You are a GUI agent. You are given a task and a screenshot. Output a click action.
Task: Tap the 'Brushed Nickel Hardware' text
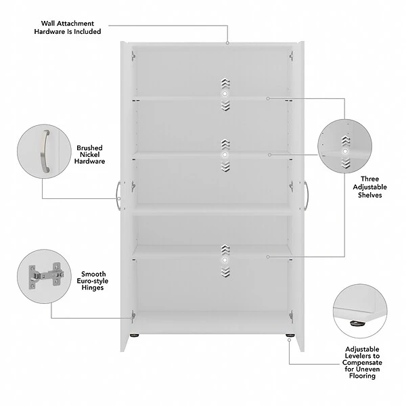click(90, 154)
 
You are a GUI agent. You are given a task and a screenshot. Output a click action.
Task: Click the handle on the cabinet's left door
click(119, 194)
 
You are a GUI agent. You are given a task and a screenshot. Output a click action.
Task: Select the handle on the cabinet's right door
click(306, 195)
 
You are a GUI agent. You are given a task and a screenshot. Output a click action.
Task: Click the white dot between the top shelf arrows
click(225, 95)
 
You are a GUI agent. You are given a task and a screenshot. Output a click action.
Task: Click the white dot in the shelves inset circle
click(346, 152)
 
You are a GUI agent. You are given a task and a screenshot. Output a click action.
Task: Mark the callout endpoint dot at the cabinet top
click(228, 43)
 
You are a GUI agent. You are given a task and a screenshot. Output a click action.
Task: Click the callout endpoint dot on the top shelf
click(268, 99)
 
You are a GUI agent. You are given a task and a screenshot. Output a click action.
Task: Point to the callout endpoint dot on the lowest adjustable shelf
click(268, 256)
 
